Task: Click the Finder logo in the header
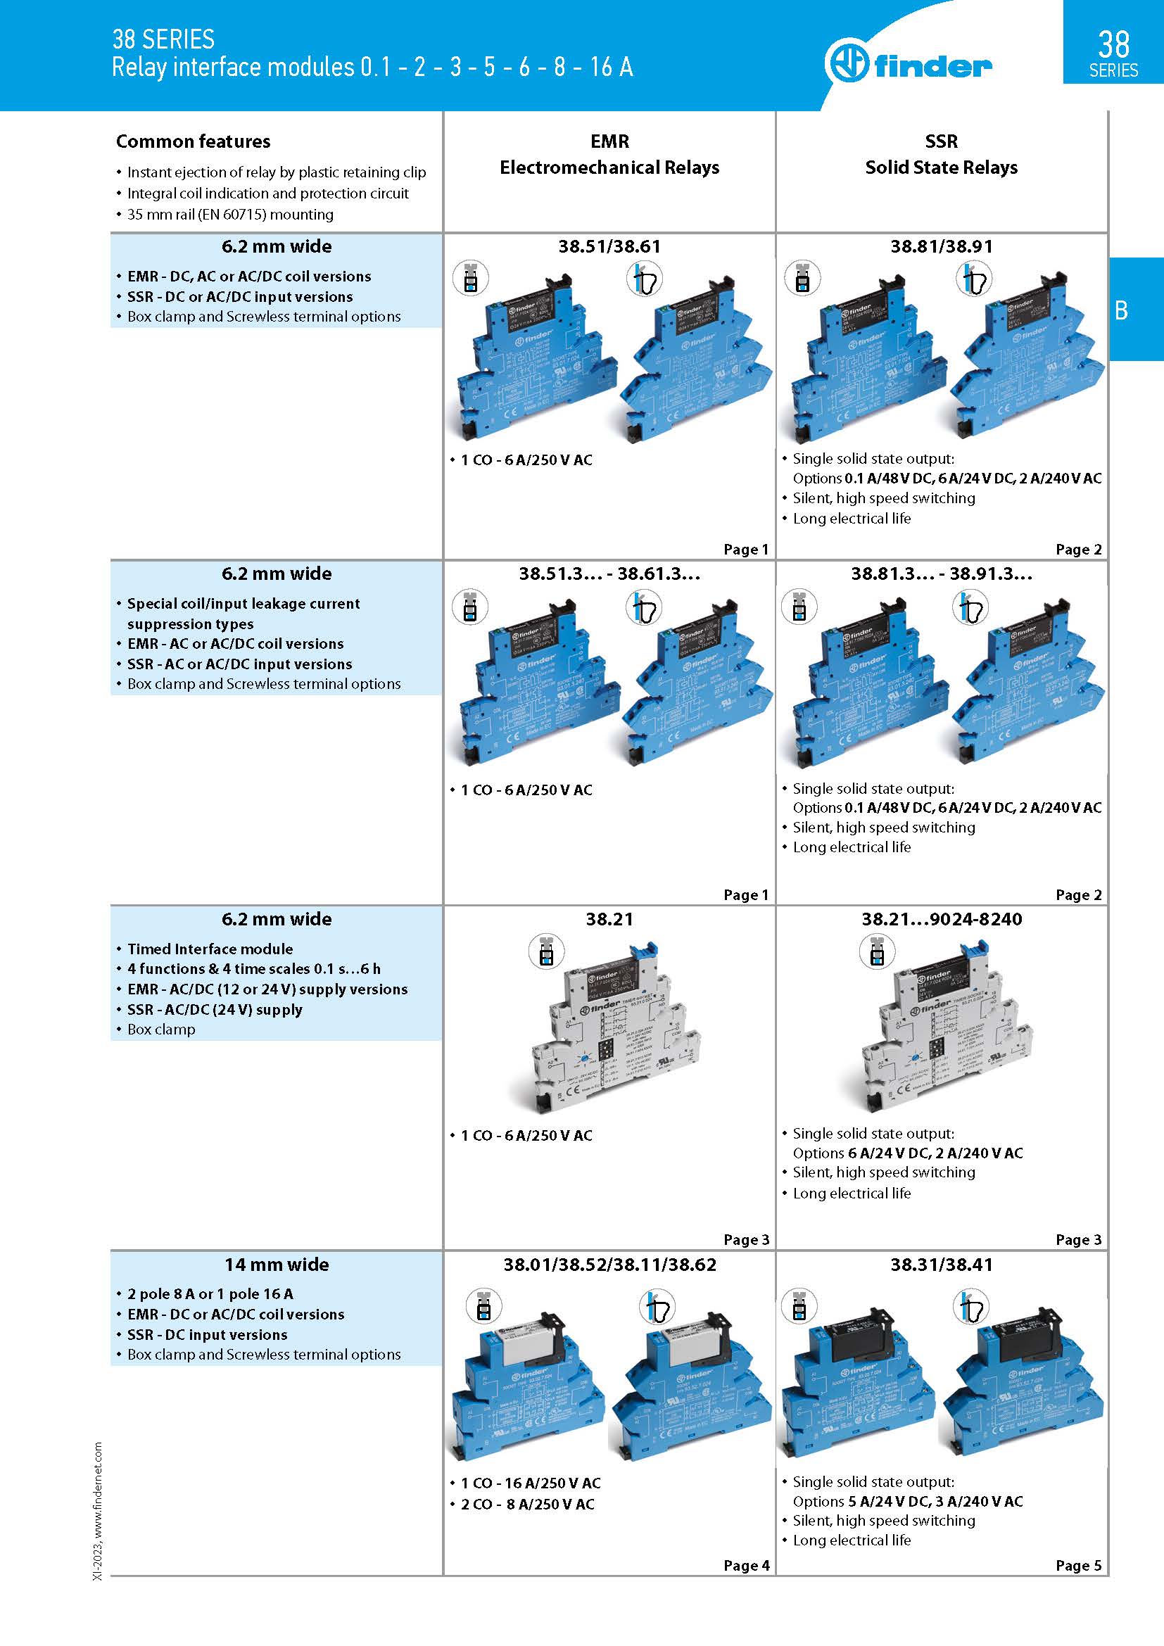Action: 907,63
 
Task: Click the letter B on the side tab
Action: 1121,310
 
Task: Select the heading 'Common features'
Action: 193,141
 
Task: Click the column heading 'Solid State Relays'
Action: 940,167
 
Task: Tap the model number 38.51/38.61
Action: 609,246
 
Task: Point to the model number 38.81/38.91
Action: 941,246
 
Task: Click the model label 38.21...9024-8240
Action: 941,919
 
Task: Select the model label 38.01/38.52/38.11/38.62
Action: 609,1265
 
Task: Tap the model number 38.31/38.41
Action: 941,1265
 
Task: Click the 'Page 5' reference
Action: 1078,1565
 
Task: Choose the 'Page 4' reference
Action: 745,1565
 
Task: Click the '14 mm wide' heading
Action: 277,1265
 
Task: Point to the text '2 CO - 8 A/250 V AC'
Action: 527,1504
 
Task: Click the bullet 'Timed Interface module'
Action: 210,949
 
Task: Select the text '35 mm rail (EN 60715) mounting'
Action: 230,215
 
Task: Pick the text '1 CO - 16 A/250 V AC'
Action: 531,1483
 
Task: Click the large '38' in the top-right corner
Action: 1113,44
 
